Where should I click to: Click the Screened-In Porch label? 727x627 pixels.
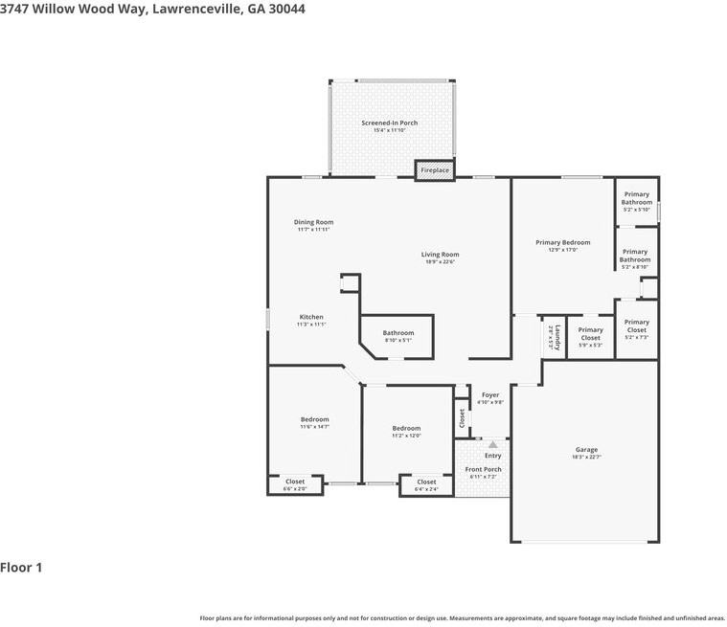[389, 123]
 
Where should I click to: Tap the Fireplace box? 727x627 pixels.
[435, 170]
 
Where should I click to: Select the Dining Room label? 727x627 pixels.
[313, 223]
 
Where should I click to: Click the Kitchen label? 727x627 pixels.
[311, 318]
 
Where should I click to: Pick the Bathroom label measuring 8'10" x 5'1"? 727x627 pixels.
[398, 333]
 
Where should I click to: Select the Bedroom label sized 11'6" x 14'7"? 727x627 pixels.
[314, 420]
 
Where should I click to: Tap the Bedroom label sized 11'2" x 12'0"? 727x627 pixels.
[406, 429]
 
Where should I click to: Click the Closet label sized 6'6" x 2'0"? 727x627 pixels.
[295, 482]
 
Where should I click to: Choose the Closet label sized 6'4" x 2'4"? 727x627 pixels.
[426, 482]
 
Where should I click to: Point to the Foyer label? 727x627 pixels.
[490, 395]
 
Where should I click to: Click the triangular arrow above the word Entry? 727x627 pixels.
[492, 444]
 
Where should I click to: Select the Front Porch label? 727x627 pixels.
[484, 470]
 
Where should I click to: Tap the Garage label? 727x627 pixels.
[586, 450]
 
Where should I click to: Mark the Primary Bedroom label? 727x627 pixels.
[562, 243]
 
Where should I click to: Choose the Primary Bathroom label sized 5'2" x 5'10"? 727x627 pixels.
[636, 198]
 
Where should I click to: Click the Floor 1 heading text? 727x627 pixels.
[21, 568]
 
